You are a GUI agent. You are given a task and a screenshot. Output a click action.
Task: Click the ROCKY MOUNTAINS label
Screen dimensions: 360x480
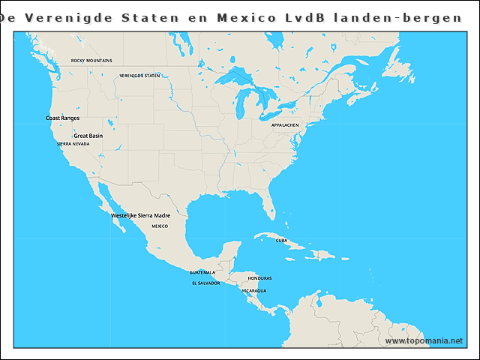[91, 61]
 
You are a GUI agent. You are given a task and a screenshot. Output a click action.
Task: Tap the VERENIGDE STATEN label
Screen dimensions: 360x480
[140, 76]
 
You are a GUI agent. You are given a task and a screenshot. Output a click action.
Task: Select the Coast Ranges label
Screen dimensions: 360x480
[62, 118]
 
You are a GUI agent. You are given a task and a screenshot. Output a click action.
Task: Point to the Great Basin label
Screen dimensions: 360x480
[88, 136]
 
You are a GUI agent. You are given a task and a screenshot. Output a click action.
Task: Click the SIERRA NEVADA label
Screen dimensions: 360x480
[73, 143]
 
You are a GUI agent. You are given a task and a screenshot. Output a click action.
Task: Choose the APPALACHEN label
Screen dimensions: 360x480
[285, 124]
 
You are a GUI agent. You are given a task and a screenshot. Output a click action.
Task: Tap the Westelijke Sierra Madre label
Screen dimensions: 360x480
[140, 215]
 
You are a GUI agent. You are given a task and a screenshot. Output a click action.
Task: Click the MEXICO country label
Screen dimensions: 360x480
[160, 225]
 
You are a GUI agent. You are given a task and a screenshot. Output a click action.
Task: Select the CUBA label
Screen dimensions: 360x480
[281, 241]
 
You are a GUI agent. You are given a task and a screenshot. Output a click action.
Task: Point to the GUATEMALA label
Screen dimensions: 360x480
[202, 272]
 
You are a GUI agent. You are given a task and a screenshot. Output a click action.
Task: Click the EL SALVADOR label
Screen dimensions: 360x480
[205, 283]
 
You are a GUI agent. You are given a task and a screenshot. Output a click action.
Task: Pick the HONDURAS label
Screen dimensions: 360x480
[259, 278]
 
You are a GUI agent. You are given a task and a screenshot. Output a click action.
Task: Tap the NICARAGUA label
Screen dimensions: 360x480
[254, 290]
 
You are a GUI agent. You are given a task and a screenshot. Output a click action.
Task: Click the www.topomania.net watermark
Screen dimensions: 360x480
[424, 341]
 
